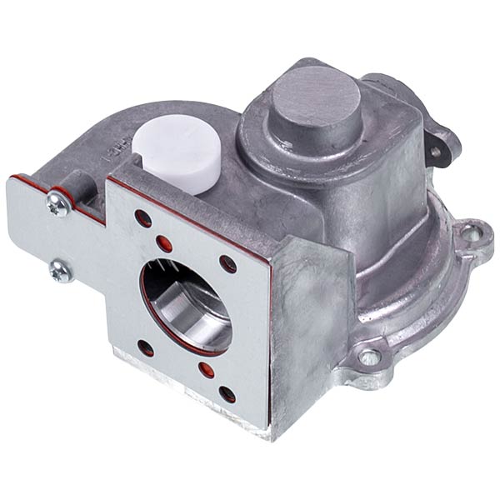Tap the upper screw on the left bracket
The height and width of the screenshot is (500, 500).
(58, 205)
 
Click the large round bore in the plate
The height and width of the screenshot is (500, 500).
(185, 304)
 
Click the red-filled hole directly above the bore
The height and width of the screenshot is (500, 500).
(164, 242)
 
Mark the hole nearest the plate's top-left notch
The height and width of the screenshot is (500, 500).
(142, 220)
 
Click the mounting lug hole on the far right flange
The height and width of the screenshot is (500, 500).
(470, 234)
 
